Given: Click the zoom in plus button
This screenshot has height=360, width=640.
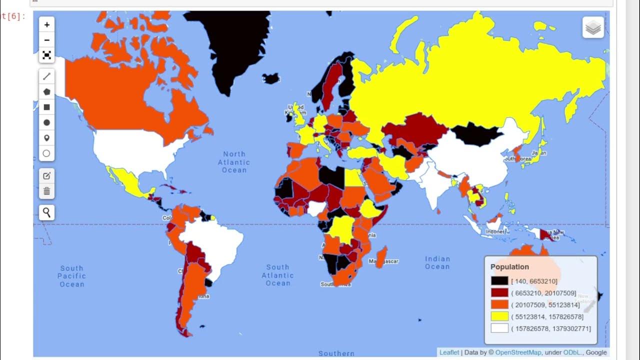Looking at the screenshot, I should tap(46, 24).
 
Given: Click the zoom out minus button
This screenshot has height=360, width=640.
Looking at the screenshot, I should tap(46, 40).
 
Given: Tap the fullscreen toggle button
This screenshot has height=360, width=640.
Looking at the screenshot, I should tap(46, 55).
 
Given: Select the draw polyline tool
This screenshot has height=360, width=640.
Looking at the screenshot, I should tap(46, 76).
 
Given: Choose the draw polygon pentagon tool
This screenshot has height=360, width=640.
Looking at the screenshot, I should tap(46, 92).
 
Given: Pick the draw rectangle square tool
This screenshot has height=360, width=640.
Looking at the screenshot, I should tap(46, 107).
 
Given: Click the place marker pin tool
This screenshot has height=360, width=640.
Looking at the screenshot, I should tap(46, 138).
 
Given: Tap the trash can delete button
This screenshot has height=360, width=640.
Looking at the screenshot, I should tap(46, 191).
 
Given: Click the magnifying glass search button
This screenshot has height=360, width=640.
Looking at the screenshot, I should tap(46, 212).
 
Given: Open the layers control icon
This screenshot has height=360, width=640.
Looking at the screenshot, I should tap(593, 27).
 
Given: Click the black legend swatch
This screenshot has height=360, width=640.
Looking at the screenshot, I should tap(499, 281).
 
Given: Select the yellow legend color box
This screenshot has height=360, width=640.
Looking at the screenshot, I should tap(499, 316).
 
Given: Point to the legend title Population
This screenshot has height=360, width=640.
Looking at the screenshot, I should tap(509, 267).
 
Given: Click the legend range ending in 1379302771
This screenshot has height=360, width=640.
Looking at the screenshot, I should tap(551, 328).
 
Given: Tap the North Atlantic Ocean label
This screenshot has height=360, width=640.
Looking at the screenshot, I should tap(234, 162).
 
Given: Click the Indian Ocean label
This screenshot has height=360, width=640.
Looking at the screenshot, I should tap(437, 262).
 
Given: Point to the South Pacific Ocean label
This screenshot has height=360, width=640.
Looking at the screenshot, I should tap(72, 276).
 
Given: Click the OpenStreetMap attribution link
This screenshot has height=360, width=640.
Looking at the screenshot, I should tap(516, 352).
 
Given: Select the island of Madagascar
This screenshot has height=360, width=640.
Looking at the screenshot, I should tap(381, 256).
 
